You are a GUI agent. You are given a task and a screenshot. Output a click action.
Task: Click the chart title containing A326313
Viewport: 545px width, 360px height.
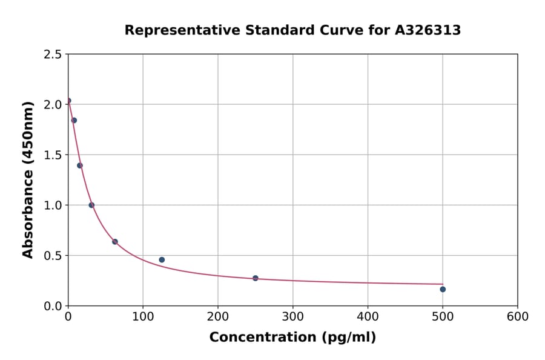tap(292, 30)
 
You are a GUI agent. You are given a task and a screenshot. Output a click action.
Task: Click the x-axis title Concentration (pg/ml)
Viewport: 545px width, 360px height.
tap(292, 338)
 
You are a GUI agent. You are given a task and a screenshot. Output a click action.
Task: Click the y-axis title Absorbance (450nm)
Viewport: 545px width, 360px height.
tap(28, 180)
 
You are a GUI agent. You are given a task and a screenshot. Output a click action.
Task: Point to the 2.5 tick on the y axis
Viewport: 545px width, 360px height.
tap(53, 55)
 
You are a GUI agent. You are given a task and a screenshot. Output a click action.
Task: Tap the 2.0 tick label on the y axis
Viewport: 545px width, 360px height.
tap(53, 105)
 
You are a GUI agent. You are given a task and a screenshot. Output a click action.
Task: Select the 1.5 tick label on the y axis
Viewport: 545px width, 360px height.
tap(53, 155)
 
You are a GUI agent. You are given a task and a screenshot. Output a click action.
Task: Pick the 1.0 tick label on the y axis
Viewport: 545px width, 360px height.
tap(53, 205)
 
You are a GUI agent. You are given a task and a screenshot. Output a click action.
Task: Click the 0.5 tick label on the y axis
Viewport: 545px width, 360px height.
tap(53, 256)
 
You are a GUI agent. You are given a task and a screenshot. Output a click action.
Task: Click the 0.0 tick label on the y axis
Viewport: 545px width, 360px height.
tap(53, 306)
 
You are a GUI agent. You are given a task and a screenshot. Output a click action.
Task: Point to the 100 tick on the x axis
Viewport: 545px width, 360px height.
tap(143, 316)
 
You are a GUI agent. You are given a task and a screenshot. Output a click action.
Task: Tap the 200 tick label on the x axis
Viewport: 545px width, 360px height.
tap(218, 316)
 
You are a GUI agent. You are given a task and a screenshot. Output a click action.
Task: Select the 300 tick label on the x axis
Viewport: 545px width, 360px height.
tap(293, 316)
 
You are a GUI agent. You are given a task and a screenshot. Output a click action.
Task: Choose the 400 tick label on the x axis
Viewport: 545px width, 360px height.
tap(368, 316)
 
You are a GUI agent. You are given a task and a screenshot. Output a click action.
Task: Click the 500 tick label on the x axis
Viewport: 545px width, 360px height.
tap(443, 316)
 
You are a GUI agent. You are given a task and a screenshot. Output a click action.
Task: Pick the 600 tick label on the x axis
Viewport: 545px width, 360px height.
tap(518, 316)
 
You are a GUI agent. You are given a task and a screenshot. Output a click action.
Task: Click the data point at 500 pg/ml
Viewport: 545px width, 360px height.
tap(443, 289)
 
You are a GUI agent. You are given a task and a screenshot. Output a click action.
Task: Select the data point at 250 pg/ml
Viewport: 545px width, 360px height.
tap(256, 278)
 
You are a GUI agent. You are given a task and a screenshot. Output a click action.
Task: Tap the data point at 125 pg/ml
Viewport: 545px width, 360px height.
tap(162, 260)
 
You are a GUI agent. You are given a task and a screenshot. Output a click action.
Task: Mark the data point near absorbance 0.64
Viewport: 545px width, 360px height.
tap(115, 242)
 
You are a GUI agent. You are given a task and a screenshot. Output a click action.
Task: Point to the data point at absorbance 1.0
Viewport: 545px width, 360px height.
tap(91, 205)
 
